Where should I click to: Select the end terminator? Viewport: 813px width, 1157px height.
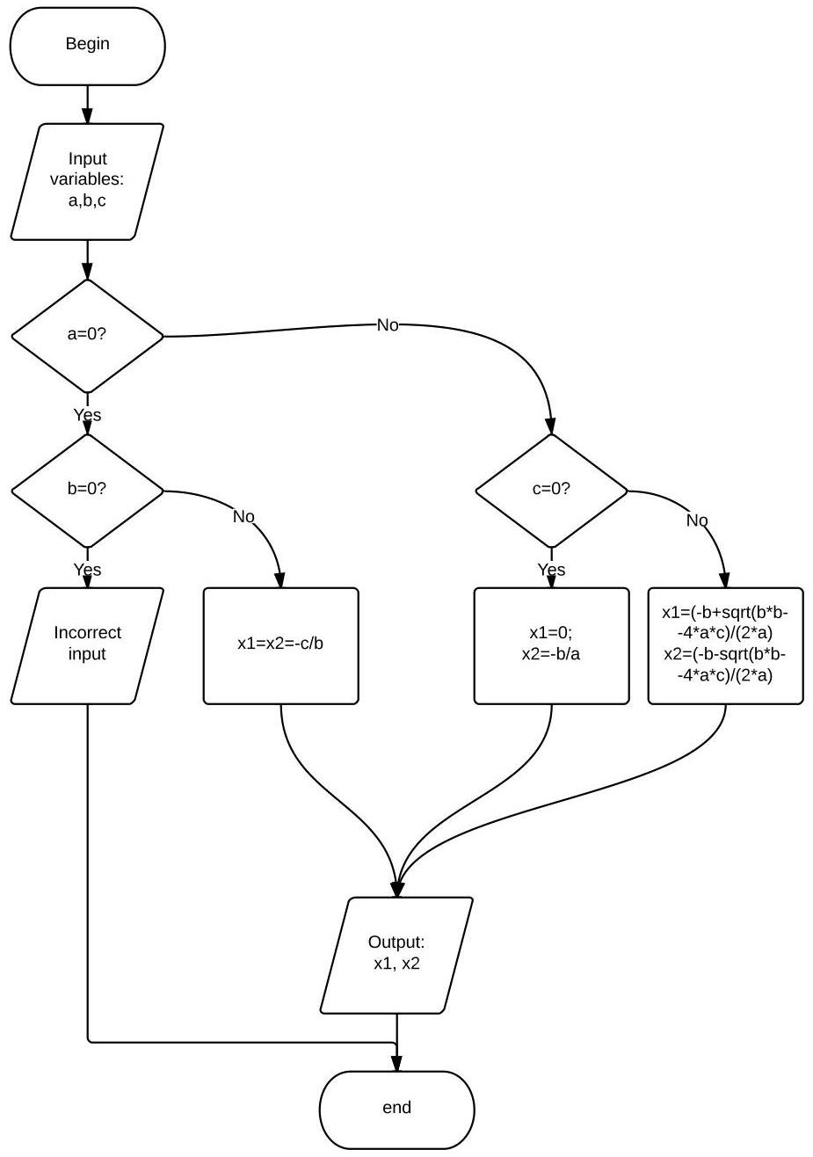396,1108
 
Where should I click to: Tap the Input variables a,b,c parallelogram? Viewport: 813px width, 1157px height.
87,181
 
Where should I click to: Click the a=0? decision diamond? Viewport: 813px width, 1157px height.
87,335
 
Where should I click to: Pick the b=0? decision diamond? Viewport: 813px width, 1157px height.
87,489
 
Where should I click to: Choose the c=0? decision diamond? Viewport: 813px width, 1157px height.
551,489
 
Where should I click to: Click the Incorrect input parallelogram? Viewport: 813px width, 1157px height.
87,644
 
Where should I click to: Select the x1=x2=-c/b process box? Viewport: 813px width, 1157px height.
280,644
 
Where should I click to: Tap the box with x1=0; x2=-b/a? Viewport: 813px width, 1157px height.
551,644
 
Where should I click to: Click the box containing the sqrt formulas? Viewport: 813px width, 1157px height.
725,644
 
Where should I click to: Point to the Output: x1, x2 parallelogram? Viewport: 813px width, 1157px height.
396,954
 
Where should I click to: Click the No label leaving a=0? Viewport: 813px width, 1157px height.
387,325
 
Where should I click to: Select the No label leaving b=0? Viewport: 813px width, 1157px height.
243,517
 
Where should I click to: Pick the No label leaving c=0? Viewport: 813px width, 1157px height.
696,520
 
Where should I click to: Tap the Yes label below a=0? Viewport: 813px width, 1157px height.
87,414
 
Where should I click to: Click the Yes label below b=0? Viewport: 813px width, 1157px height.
87,570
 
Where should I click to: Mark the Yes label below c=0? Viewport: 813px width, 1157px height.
551,570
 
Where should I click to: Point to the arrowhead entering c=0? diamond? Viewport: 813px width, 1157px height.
551,425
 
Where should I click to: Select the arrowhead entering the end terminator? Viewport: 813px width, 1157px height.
396,1063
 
